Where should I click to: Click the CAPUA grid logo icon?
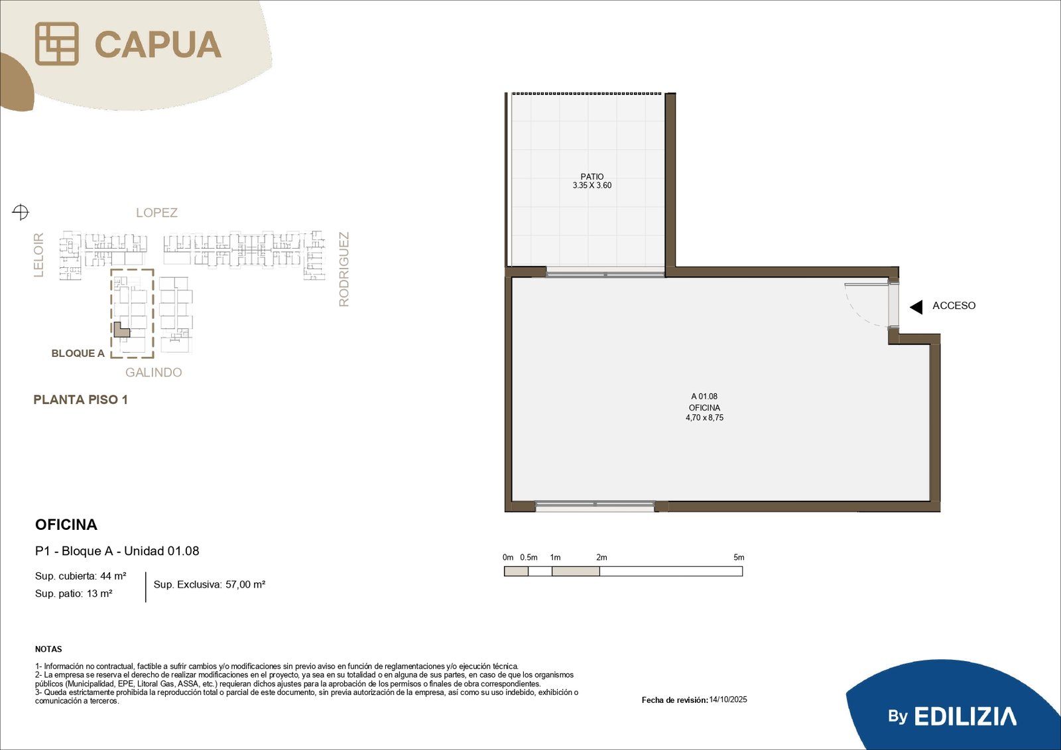57,44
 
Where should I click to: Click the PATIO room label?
592,176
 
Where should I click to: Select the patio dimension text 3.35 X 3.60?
592,185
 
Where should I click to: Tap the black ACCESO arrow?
916,307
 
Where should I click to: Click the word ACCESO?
954,306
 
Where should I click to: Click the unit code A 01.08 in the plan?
704,396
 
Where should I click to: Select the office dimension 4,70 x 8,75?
704,417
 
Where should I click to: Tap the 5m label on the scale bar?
739,557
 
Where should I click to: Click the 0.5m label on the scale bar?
529,557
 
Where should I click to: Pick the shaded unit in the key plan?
121,330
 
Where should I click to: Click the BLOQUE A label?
78,353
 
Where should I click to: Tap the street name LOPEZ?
156,213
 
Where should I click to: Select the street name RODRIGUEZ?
344,269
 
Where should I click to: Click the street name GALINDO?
153,373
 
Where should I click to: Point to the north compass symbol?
21,212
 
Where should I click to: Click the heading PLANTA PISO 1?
80,400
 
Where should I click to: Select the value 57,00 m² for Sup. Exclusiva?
245,585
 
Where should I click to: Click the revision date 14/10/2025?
728,700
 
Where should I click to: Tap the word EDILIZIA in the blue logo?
966,717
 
